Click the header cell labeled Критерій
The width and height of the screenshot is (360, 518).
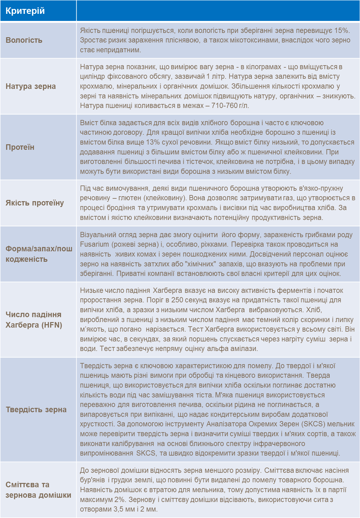(x=25, y=11)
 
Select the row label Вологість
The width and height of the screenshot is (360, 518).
(x=24, y=40)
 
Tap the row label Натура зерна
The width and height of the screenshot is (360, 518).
(x=31, y=86)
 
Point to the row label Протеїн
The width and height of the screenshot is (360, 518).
(x=20, y=147)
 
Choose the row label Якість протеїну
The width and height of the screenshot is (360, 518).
(x=35, y=203)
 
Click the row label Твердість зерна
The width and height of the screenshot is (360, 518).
(x=36, y=410)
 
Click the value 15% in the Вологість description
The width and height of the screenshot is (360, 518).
(x=342, y=30)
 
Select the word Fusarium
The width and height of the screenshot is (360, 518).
(x=94, y=245)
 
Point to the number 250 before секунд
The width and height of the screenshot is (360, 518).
(x=177, y=300)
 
